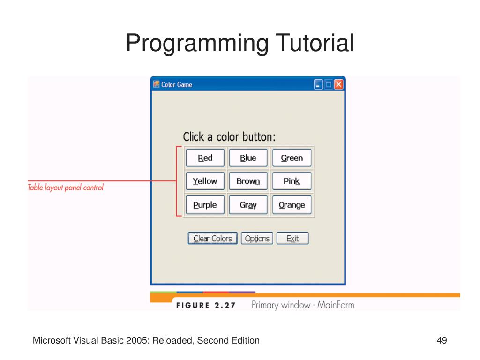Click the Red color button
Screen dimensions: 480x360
click(x=205, y=157)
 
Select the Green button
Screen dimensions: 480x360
click(x=292, y=157)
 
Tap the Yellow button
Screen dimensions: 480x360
click(x=205, y=181)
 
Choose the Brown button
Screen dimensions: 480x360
click(x=248, y=181)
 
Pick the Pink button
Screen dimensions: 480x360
click(x=292, y=181)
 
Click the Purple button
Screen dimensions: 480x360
click(x=205, y=204)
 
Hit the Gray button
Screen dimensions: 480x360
click(x=248, y=204)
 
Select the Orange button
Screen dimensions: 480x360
click(x=292, y=204)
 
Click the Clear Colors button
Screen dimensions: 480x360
click(x=213, y=238)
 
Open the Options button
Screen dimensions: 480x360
click(x=257, y=238)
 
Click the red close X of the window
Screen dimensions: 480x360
click(x=338, y=84)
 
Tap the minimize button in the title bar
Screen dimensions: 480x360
click(x=318, y=84)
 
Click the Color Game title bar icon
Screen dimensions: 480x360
click(x=157, y=84)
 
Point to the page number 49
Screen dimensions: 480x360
click(x=442, y=340)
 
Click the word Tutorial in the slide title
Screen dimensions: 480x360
click(x=315, y=43)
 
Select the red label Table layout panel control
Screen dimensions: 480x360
click(x=66, y=187)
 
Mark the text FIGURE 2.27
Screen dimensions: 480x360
click(x=206, y=305)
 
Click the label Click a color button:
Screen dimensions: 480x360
click(x=229, y=137)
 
